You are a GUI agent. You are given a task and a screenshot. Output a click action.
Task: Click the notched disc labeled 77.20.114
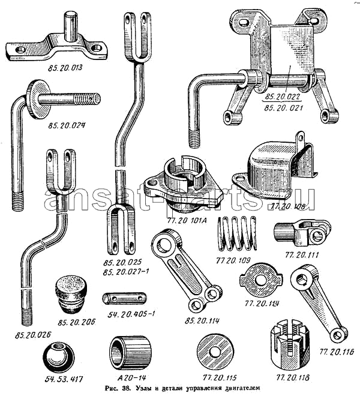(259, 281)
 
